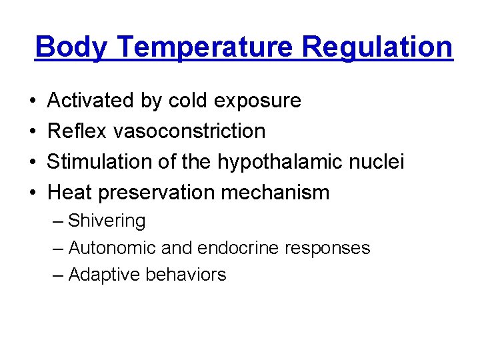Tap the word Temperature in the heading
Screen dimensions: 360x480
tap(200, 47)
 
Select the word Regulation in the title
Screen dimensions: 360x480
tap(377, 47)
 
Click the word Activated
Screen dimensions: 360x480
tap(91, 101)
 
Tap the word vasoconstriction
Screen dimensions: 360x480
tap(189, 131)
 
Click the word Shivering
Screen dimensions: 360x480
tap(107, 221)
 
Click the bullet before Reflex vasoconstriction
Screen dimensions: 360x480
tap(33, 131)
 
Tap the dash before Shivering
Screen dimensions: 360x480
tap(58, 221)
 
